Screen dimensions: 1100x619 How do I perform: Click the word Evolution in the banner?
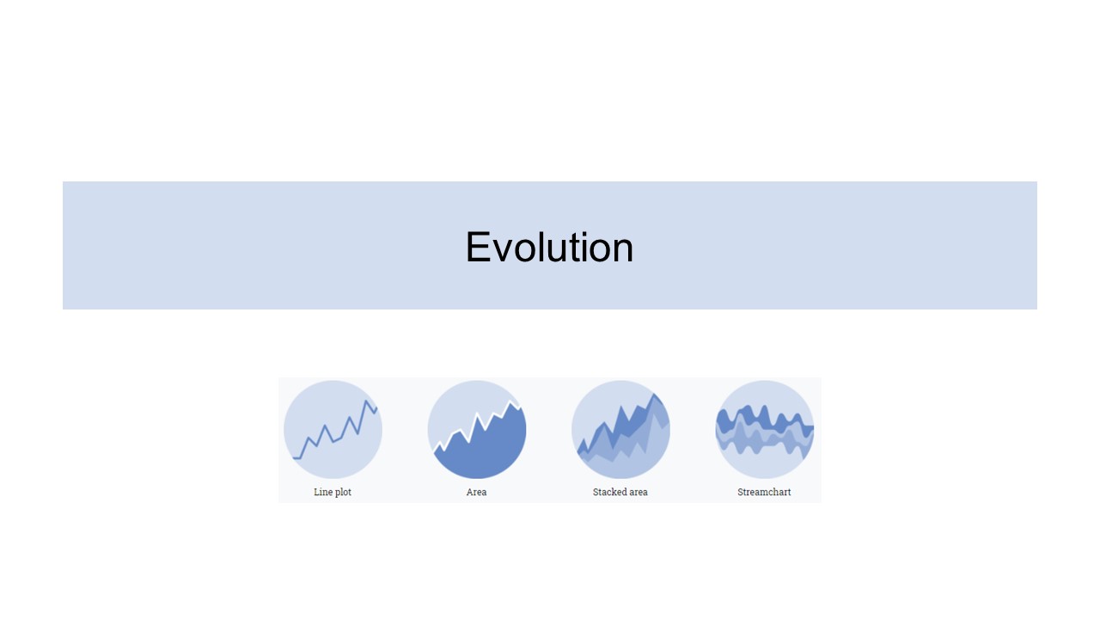tap(549, 247)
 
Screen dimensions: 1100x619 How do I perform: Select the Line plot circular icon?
tap(333, 429)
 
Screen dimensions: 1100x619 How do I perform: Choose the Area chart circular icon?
tap(477, 429)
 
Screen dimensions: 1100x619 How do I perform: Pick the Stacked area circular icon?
tap(620, 429)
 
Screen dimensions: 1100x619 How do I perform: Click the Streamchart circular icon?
tap(765, 429)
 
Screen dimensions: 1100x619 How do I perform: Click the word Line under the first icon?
tap(322, 492)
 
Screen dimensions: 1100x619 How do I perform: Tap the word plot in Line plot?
tap(343, 493)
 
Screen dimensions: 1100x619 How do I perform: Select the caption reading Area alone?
tap(476, 492)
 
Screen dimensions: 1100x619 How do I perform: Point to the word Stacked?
tap(608, 492)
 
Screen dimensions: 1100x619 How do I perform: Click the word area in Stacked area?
tap(638, 493)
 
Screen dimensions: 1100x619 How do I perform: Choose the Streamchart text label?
tap(764, 492)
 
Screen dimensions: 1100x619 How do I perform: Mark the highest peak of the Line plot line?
tap(366, 401)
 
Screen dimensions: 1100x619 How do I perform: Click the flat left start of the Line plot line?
tap(296, 458)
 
